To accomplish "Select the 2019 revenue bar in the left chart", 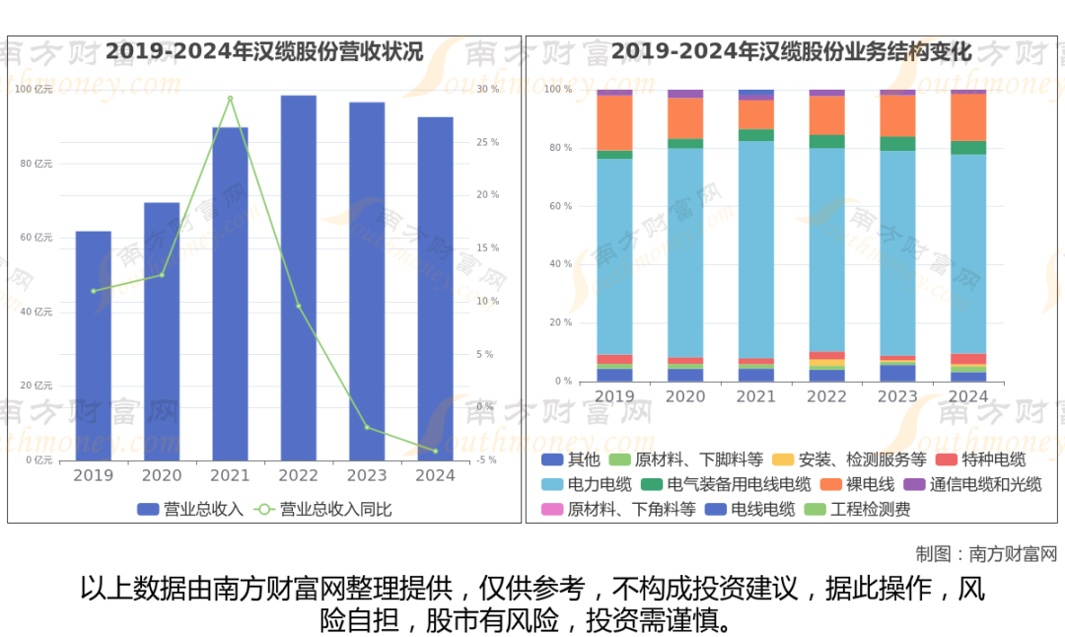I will click(x=94, y=345).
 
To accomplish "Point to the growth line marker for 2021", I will click(x=230, y=99).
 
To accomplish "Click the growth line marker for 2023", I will click(x=367, y=427).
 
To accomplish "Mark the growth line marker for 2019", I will click(x=94, y=291).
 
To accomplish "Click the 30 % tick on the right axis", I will click(x=487, y=90).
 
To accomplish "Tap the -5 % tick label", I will click(x=487, y=460).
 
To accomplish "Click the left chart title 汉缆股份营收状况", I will click(x=264, y=51).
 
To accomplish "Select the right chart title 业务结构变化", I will click(x=791, y=51).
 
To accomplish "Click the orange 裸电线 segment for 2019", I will click(x=614, y=122).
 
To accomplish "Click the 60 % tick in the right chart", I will click(x=559, y=206).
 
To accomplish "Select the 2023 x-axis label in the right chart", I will click(x=897, y=395).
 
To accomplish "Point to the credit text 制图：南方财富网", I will click(x=985, y=553).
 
